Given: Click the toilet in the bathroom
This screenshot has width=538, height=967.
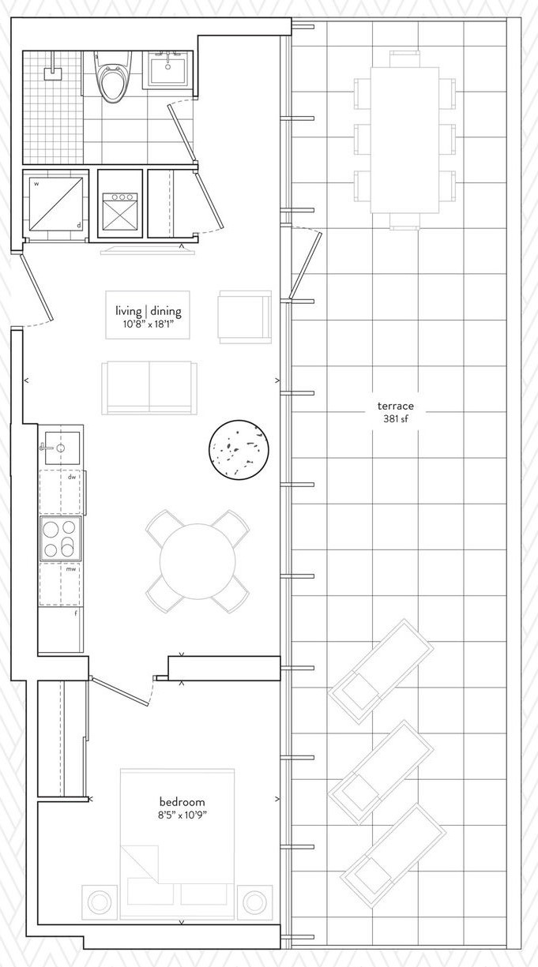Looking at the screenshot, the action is pyautogui.click(x=114, y=77).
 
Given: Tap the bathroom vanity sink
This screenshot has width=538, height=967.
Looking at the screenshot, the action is pyautogui.click(x=167, y=70).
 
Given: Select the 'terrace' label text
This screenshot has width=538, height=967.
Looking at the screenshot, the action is pyautogui.click(x=395, y=406).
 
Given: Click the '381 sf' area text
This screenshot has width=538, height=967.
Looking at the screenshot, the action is pyautogui.click(x=395, y=418).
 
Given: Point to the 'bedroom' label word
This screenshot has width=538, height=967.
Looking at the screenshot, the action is pyautogui.click(x=182, y=802).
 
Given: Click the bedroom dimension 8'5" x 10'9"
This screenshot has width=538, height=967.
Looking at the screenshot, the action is pyautogui.click(x=182, y=815).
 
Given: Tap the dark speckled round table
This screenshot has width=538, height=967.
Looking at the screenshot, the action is pyautogui.click(x=239, y=449).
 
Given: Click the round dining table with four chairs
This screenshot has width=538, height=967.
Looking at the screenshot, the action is pyautogui.click(x=198, y=561).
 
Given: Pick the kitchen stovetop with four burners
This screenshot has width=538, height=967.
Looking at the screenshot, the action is pyautogui.click(x=61, y=538).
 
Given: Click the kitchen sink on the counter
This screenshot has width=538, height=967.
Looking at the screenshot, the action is pyautogui.click(x=62, y=448).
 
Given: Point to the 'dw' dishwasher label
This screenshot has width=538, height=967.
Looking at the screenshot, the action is pyautogui.click(x=72, y=477).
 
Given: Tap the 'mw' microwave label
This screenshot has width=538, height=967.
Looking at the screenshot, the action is pyautogui.click(x=71, y=569).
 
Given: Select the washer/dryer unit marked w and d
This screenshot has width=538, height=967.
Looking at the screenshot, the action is pyautogui.click(x=56, y=204).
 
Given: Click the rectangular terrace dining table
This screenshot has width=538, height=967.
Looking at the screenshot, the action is pyautogui.click(x=404, y=139).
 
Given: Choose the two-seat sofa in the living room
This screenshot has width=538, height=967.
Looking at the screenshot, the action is pyautogui.click(x=149, y=388).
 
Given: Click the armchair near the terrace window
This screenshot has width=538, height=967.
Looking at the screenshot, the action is pyautogui.click(x=245, y=317).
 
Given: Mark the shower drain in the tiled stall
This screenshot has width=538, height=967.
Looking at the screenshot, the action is pyautogui.click(x=53, y=74).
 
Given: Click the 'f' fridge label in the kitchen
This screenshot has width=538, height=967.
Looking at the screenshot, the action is pyautogui.click(x=76, y=613).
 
